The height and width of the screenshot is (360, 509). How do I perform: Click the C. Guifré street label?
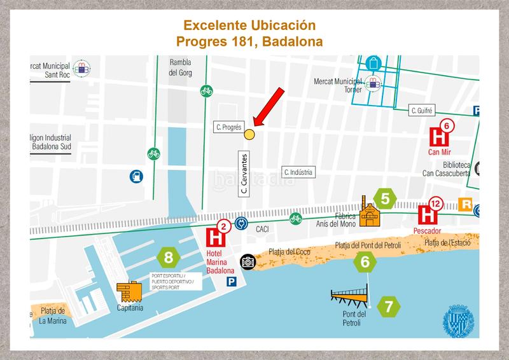(x=422, y=111)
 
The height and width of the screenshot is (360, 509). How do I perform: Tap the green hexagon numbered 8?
(x=169, y=258)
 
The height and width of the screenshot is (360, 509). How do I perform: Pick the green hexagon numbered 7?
(x=389, y=307)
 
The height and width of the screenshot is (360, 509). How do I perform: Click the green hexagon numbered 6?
(x=365, y=261)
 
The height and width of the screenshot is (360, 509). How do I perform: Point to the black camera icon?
(x=248, y=261)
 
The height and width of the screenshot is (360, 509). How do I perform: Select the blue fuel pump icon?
(x=136, y=176)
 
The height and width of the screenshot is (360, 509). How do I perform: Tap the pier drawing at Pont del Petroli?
(x=349, y=295)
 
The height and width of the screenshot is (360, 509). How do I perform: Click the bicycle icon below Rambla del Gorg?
(x=205, y=90)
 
